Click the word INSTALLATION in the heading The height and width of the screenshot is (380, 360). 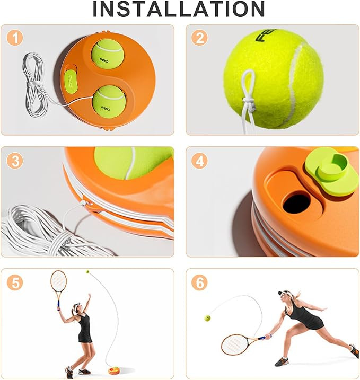coord(179,9)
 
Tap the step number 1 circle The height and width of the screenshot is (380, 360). coord(15,38)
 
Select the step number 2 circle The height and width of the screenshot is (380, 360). coord(199,38)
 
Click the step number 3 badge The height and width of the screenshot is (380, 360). coord(15,161)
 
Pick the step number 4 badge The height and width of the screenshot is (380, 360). coord(199,161)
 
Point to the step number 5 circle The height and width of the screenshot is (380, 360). coord(15,282)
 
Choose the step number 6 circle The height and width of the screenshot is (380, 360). coord(199,282)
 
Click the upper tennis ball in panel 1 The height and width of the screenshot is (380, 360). coord(108,54)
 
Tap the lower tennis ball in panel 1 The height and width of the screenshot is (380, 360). coord(109,102)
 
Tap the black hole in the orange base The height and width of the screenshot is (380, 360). coord(296,202)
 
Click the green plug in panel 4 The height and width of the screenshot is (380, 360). coord(331,171)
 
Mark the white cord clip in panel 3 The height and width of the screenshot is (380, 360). coord(83,203)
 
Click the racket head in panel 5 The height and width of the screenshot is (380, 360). coord(58,281)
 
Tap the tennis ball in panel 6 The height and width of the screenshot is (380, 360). coord(207,317)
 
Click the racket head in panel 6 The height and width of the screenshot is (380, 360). coord(235,344)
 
